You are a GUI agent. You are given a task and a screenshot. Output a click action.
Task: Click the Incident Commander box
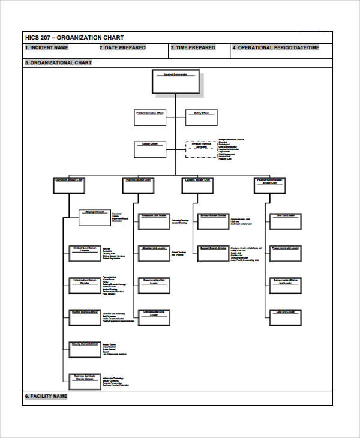[x=176, y=82]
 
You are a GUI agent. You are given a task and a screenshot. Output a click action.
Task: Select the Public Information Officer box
[x=149, y=118]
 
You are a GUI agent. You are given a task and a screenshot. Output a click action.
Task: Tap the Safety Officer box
[x=200, y=118]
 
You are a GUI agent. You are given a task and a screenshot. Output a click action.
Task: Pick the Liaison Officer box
[x=149, y=149]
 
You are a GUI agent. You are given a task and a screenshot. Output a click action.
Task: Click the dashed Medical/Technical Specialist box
[x=201, y=149]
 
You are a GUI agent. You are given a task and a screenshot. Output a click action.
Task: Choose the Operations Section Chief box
[x=70, y=185]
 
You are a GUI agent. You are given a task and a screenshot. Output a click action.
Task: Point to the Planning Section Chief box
[x=140, y=185]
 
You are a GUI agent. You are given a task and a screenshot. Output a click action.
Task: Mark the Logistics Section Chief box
[x=197, y=185]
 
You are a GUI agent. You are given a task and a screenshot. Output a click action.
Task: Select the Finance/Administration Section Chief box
[x=270, y=185]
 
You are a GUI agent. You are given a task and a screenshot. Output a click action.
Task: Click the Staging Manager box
[x=95, y=217]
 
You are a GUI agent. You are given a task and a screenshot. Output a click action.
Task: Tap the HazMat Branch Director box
[x=84, y=319]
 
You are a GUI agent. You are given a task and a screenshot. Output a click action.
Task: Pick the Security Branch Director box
[x=84, y=350]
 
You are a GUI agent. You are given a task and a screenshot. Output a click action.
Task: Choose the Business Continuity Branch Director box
[x=84, y=382]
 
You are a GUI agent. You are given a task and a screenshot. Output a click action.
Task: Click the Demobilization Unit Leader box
[x=154, y=319]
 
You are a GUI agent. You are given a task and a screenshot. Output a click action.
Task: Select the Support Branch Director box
[x=212, y=254]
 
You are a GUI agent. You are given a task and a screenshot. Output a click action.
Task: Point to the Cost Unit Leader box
[x=285, y=319]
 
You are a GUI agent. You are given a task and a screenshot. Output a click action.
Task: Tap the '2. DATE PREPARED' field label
[x=122, y=48]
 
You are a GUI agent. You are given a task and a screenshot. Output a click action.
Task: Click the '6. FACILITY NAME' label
[x=46, y=397]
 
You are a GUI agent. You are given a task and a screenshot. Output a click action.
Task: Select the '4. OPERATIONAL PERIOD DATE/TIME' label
[x=276, y=48]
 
